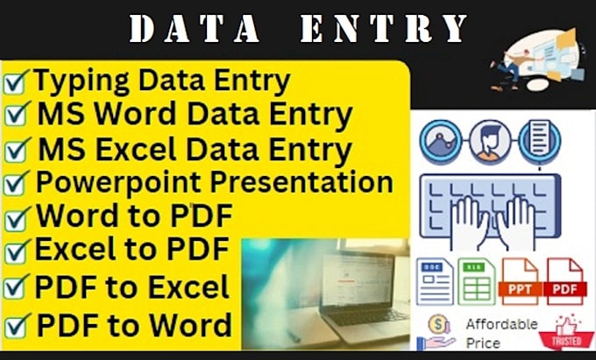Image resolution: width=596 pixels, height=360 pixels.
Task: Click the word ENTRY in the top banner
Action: pos(386,29)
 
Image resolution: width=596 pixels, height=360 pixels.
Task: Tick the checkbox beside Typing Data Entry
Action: pos(16,83)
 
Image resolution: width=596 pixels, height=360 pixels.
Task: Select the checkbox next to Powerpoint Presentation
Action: pos(16,184)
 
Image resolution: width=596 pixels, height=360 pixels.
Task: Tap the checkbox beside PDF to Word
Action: pos(16,328)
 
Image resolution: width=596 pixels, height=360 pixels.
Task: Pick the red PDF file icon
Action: pos(566,280)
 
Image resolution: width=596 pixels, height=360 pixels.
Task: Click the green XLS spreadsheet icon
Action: pos(476,280)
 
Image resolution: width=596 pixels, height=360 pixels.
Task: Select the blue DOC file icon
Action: pos(435,280)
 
